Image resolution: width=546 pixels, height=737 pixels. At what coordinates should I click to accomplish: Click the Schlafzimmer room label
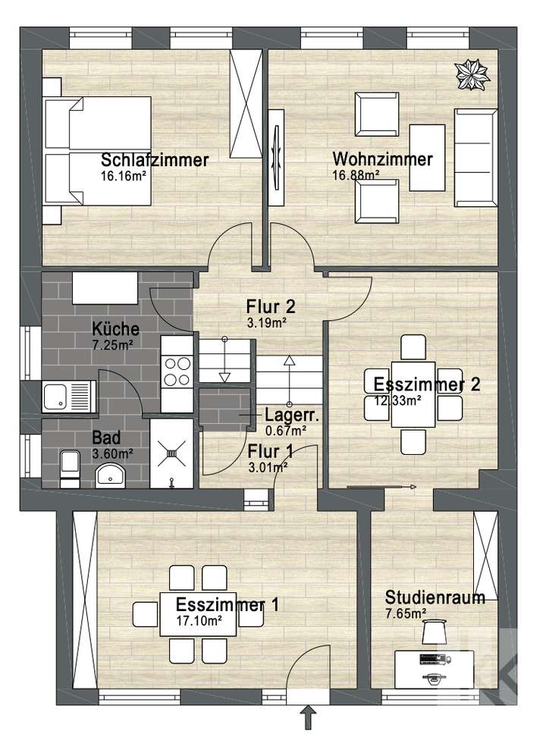[x=155, y=160]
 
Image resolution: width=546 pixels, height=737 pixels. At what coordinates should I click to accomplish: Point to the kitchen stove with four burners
[x=177, y=372]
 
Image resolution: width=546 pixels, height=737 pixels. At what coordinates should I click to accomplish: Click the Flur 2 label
[x=270, y=307]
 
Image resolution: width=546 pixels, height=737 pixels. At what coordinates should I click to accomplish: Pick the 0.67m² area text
[x=286, y=431]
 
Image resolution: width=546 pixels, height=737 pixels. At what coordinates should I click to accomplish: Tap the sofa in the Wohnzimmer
[x=476, y=157]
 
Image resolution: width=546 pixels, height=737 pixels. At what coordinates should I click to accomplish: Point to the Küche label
[x=115, y=329]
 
